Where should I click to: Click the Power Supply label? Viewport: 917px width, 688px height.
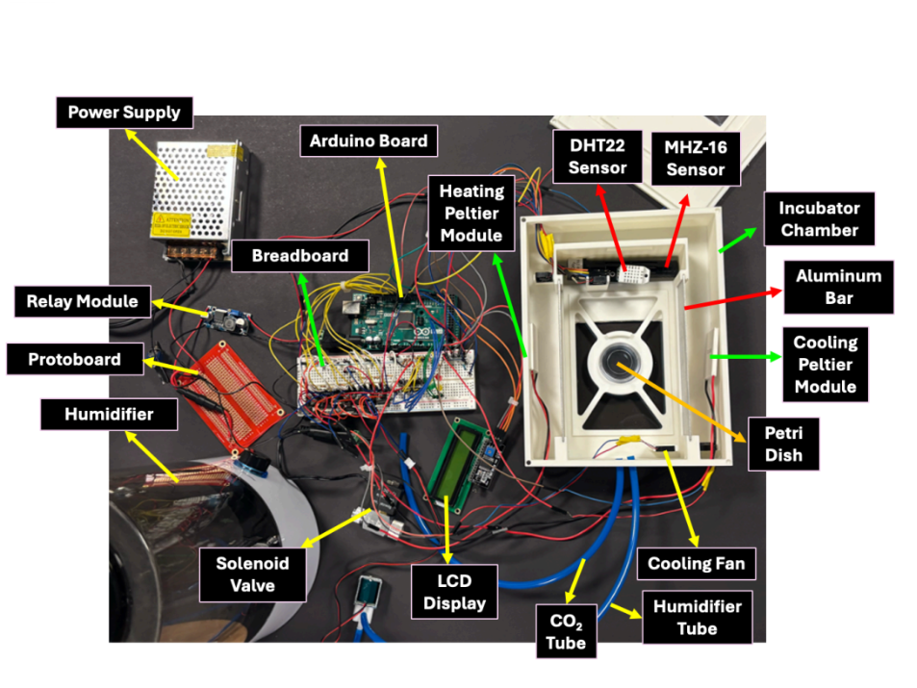[124, 113]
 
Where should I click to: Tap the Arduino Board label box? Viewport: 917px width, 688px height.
[369, 140]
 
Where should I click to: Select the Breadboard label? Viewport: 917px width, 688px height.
[298, 257]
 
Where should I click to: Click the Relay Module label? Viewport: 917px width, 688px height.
[77, 302]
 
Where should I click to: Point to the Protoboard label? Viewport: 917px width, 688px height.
[74, 359]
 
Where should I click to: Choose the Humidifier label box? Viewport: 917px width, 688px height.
[109, 416]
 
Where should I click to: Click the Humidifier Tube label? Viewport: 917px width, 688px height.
[698, 617]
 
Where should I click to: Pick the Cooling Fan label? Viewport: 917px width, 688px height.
[696, 563]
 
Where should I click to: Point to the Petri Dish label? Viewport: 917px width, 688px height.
[784, 444]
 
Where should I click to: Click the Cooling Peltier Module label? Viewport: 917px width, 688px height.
[825, 364]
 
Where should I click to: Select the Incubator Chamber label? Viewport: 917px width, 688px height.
[819, 218]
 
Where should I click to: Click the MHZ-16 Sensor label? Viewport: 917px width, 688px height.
[695, 158]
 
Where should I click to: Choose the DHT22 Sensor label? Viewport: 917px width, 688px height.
[598, 156]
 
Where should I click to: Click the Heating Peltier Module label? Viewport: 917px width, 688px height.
[471, 212]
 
